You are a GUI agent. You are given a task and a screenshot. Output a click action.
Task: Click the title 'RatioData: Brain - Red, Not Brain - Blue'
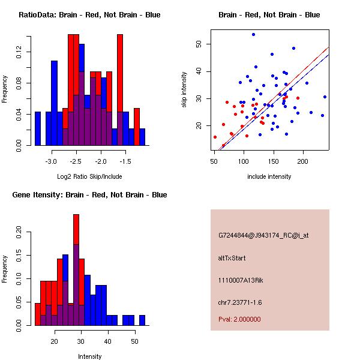pyautogui.click(x=89, y=14)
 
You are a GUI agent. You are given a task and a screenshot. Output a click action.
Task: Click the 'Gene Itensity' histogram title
pyautogui.click(x=89, y=194)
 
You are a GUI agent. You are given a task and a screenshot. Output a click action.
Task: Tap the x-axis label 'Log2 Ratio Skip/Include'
pyautogui.click(x=89, y=176)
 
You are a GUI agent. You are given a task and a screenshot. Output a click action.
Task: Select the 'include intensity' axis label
pyautogui.click(x=269, y=176)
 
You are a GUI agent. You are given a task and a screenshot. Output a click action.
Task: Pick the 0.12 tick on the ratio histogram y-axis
pyautogui.click(x=19, y=53)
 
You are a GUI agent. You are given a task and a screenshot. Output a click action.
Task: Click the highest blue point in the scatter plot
pyautogui.click(x=253, y=34)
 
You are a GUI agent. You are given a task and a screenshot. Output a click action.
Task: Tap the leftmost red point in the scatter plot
pyautogui.click(x=215, y=137)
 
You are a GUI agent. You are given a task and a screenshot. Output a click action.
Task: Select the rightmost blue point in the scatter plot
pyautogui.click(x=325, y=97)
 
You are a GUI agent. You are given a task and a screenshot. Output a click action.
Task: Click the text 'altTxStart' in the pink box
pyautogui.click(x=232, y=258)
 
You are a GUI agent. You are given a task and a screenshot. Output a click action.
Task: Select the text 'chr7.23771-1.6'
pyautogui.click(x=240, y=302)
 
